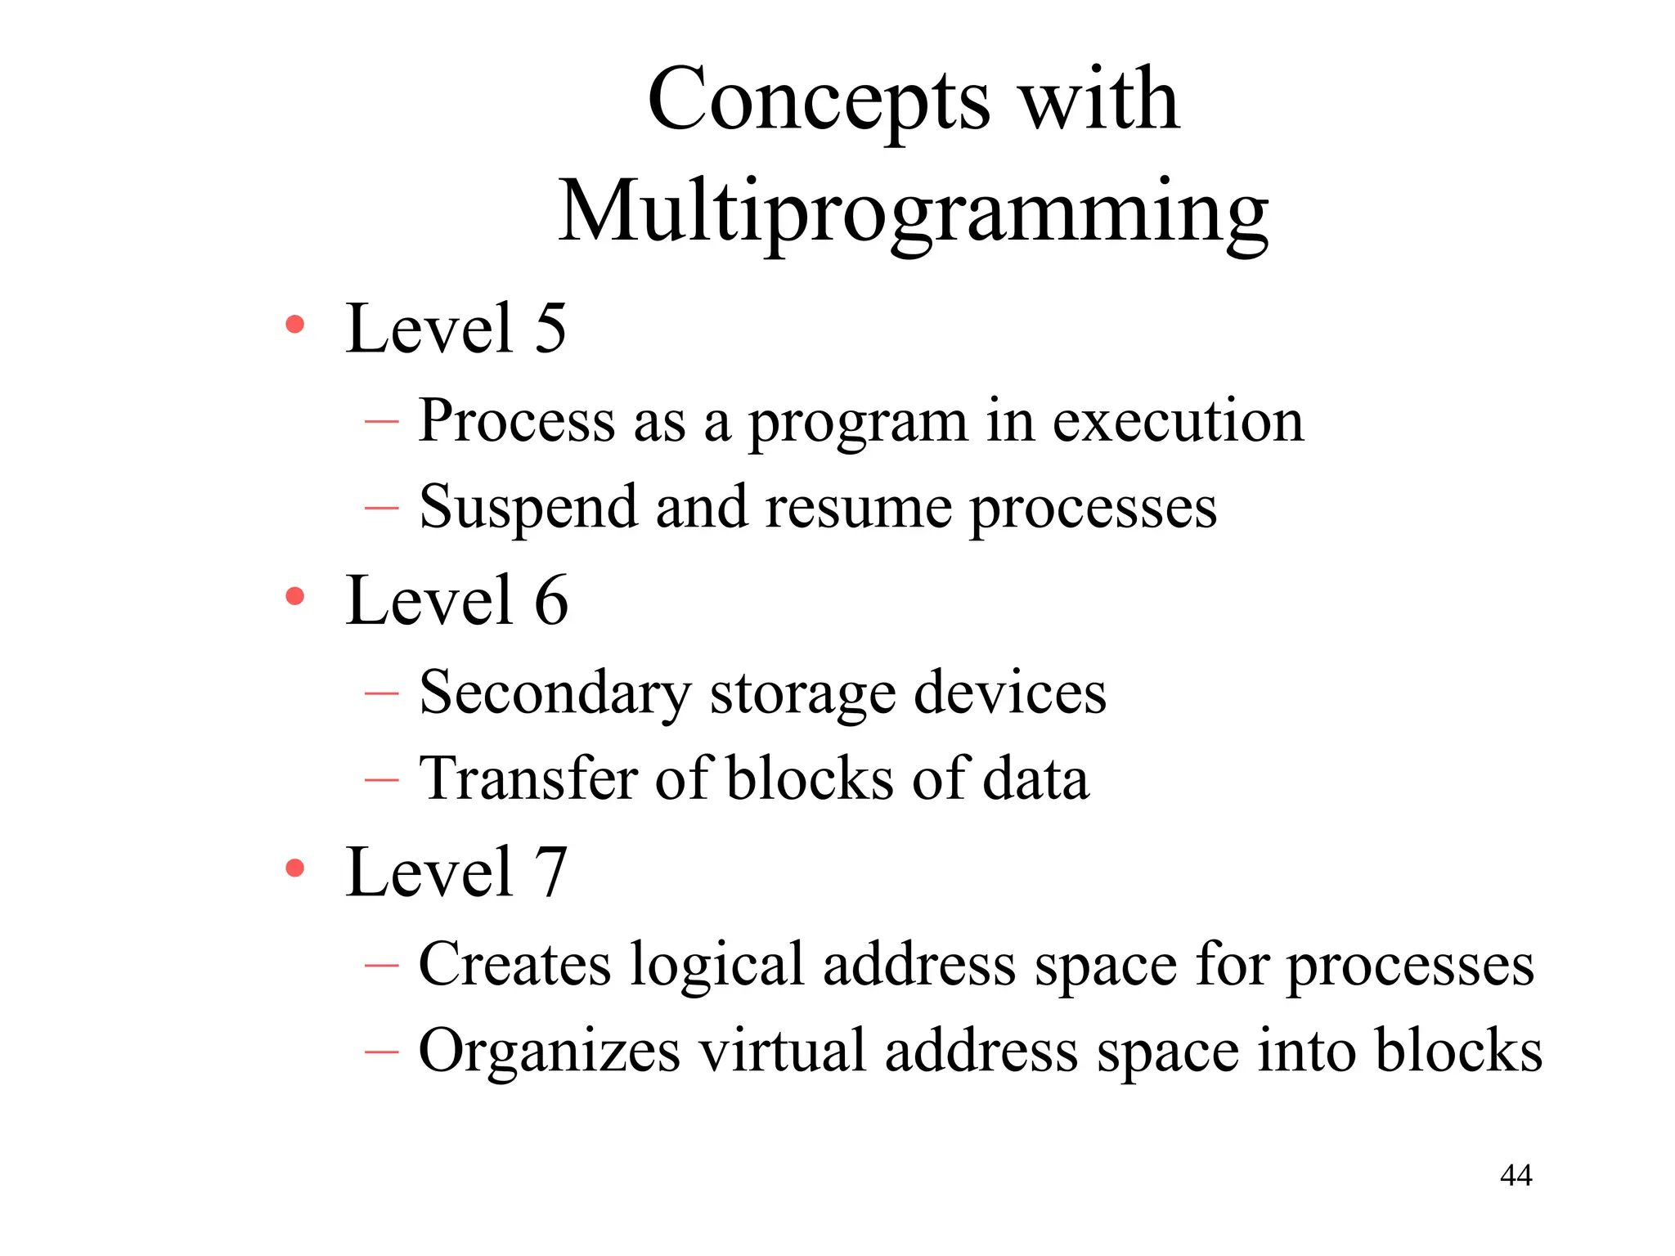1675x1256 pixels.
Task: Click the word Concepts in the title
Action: point(818,102)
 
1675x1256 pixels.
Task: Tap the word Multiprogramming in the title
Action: point(913,213)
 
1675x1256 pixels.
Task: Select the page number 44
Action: point(1516,1175)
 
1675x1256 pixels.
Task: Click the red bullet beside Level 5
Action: point(294,325)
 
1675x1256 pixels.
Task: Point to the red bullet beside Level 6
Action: point(294,596)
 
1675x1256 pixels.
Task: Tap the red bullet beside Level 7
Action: point(294,868)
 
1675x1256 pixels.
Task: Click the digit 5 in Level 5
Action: point(550,329)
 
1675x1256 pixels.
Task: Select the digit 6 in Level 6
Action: point(551,600)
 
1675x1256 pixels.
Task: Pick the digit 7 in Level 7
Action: point(551,872)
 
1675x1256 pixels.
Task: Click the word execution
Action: point(1178,421)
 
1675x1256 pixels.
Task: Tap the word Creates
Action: point(514,965)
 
